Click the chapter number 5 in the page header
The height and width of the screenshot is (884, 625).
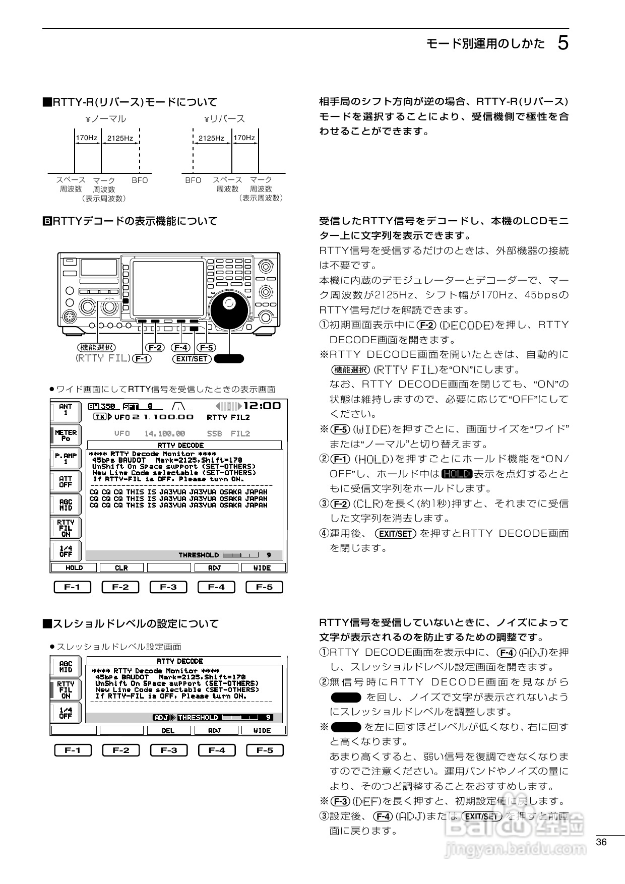[x=563, y=43]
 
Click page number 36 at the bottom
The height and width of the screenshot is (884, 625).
[x=601, y=842]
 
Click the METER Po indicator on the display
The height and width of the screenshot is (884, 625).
[x=66, y=435]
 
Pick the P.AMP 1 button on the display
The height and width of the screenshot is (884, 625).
[x=66, y=458]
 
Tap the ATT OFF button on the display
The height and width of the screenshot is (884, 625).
[x=66, y=482]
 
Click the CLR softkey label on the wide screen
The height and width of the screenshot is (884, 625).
[x=121, y=567]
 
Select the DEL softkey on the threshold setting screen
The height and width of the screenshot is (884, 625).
[x=168, y=730]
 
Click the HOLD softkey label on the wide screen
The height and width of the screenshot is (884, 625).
[x=74, y=567]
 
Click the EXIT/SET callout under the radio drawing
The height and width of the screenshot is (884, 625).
[x=192, y=359]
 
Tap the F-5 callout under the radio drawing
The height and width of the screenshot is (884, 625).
[x=206, y=348]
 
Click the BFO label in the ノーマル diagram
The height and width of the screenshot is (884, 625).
[x=140, y=180]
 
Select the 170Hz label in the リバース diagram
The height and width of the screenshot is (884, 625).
[x=244, y=138]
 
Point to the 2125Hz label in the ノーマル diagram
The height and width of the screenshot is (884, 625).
[x=120, y=138]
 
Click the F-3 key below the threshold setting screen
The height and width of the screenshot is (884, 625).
[x=169, y=750]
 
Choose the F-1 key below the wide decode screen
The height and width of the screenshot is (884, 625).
[x=73, y=587]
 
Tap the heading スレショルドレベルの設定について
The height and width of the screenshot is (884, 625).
[x=131, y=624]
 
